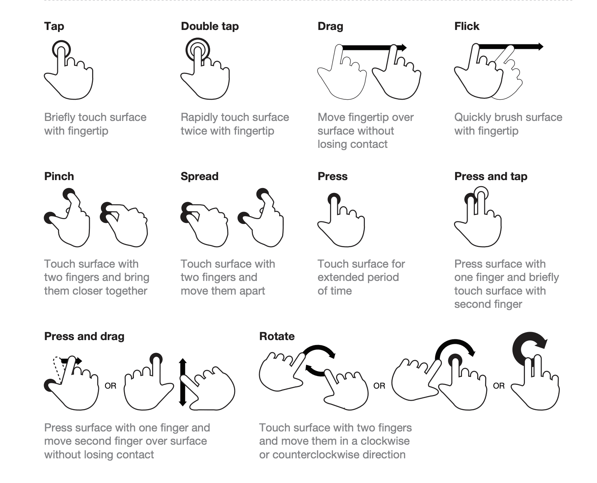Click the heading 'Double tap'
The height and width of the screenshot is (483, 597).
tap(210, 26)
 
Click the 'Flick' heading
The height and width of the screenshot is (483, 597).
tap(467, 26)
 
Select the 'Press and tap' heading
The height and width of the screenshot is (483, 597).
tap(490, 176)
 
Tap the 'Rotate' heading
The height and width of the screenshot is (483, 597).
tap(277, 336)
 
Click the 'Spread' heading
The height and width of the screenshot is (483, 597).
tap(200, 176)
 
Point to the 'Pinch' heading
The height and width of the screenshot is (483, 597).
tap(59, 176)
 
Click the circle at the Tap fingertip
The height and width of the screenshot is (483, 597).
tap(61, 50)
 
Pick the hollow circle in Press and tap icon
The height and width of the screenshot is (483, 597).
tap(481, 193)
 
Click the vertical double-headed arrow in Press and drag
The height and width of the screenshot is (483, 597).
tap(182, 382)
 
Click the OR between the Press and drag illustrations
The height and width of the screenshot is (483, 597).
tap(110, 386)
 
